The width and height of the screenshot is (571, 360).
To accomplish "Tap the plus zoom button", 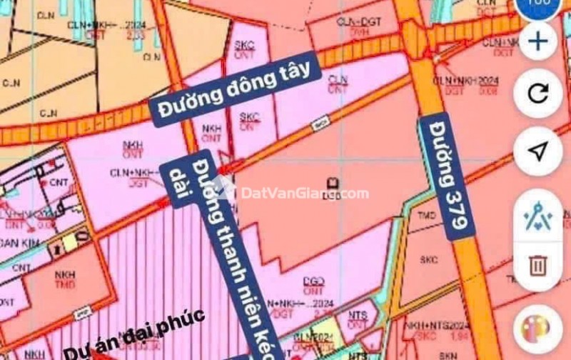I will pyautogui.click(x=537, y=41).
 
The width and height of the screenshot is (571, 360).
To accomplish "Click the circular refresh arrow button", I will pyautogui.click(x=537, y=93).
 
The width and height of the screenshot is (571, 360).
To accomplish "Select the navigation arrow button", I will pyautogui.click(x=537, y=151).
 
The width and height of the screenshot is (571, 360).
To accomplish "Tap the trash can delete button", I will pyautogui.click(x=537, y=266).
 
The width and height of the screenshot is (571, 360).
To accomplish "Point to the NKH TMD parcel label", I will pyautogui.click(x=64, y=277).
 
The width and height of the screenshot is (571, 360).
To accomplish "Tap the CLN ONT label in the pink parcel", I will pyautogui.click(x=338, y=84).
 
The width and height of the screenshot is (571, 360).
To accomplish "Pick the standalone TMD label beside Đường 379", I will pyautogui.click(x=428, y=214).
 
